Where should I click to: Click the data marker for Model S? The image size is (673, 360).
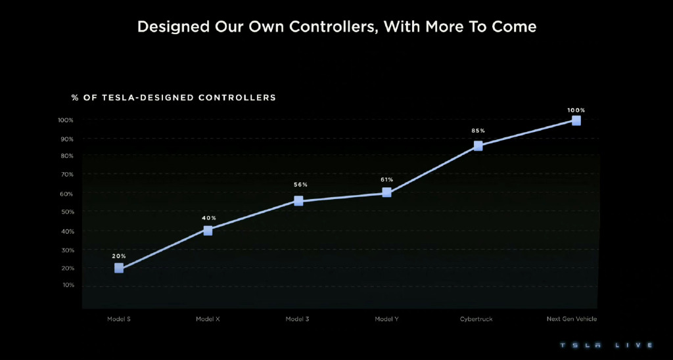119,268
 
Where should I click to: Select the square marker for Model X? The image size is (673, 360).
208,231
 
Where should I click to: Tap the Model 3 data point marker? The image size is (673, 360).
298,201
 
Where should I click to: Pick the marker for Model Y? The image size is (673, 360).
386,192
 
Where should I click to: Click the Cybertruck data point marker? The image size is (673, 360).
478,146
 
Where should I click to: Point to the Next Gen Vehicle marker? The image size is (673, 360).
576,121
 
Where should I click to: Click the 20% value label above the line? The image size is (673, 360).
119,256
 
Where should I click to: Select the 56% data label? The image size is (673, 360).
300,185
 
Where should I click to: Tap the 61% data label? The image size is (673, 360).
386,179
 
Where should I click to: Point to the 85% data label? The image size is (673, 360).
478,131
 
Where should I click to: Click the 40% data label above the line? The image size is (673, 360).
209,218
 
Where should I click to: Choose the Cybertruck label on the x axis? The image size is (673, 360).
476,319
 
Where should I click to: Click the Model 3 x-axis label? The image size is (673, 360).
297,319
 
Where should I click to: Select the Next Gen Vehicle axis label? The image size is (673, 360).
572,319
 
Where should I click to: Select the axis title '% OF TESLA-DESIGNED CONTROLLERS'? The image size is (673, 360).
174,98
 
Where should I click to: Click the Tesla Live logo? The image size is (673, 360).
604,345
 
